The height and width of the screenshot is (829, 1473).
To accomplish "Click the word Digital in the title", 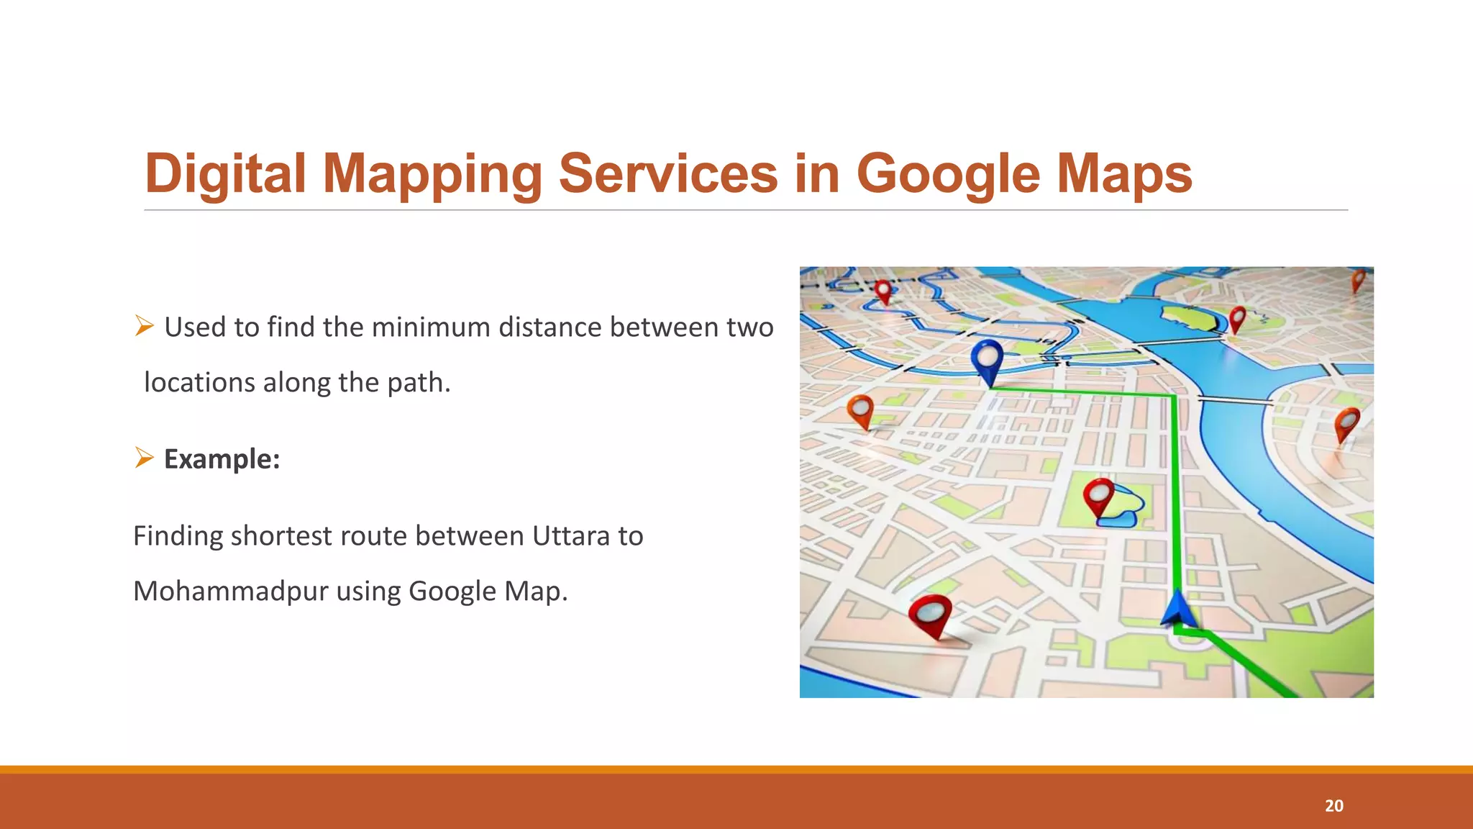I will point(225,174).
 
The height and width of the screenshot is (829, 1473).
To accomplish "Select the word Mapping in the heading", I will point(432,174).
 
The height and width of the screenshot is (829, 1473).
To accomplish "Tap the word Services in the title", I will point(668,174).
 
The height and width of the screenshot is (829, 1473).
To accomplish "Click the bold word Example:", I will point(222,459).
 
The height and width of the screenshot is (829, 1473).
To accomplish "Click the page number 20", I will point(1333,806).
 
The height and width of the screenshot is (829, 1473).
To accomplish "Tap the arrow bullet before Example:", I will point(145,457).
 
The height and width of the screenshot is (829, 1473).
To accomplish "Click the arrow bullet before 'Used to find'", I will point(145,326).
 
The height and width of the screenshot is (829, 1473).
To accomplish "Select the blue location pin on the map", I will point(987,358).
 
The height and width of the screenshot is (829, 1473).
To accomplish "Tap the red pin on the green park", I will point(1098,495).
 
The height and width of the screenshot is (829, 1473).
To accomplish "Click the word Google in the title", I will point(947,174).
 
